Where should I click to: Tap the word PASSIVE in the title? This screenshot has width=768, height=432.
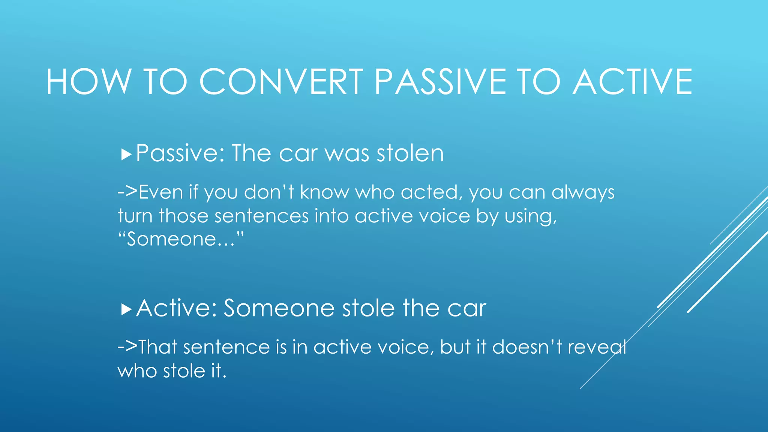pyautogui.click(x=441, y=82)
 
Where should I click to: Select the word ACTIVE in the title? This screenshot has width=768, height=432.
pyautogui.click(x=633, y=82)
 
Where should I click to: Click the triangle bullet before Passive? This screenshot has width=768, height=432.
pyautogui.click(x=126, y=154)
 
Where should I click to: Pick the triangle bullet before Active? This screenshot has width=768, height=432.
pyautogui.click(x=126, y=310)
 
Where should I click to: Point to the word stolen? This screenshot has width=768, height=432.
pyautogui.click(x=410, y=154)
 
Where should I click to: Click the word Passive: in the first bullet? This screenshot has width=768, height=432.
pyautogui.click(x=180, y=154)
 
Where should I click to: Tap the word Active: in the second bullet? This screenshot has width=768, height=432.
pyautogui.click(x=177, y=309)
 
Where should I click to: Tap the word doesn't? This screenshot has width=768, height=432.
pyautogui.click(x=527, y=347)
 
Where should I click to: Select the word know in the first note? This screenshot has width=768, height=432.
pyautogui.click(x=324, y=193)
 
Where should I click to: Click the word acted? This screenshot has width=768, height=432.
pyautogui.click(x=429, y=193)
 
